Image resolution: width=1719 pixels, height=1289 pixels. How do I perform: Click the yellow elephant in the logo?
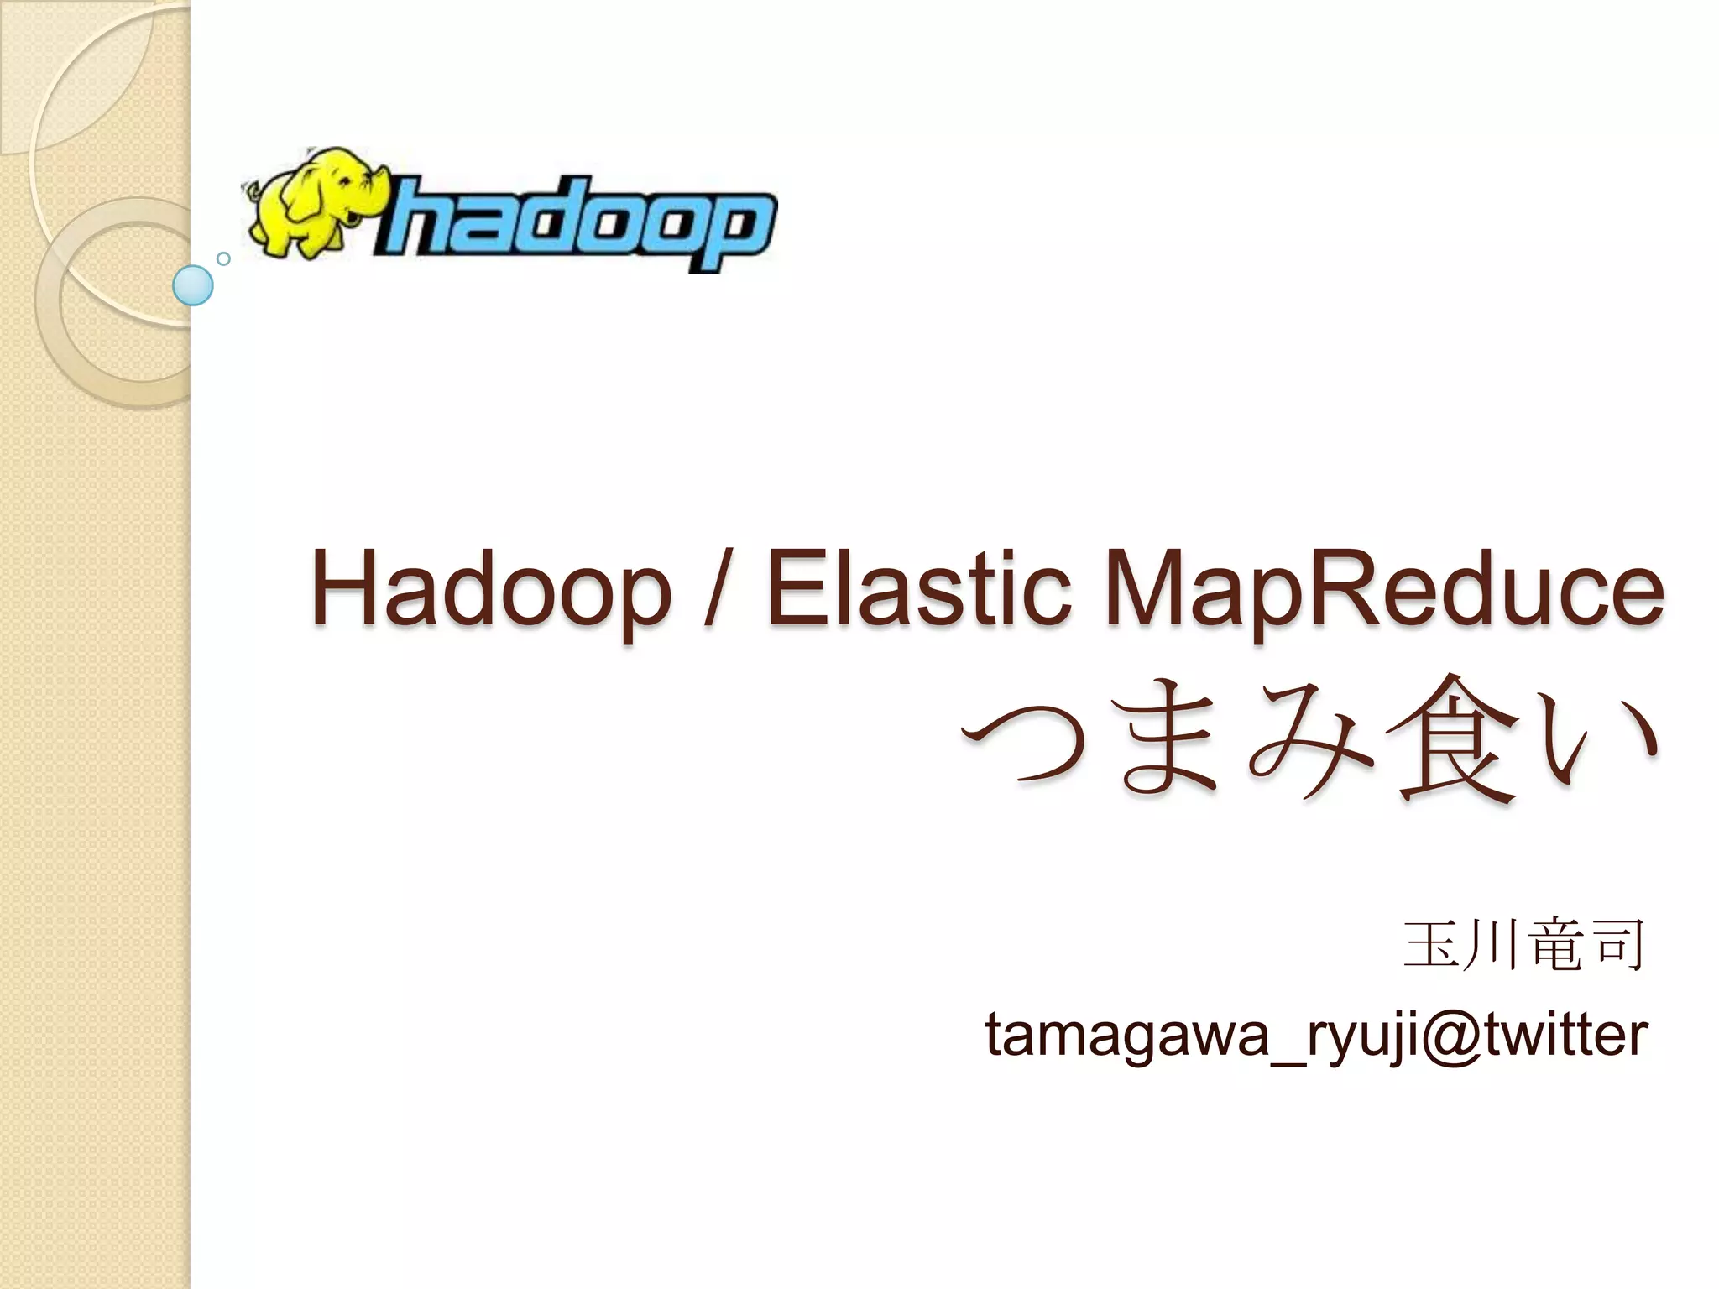click(x=315, y=201)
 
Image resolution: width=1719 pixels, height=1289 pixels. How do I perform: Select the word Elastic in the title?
click(x=919, y=587)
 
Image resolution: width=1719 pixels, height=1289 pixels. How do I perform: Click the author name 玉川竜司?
click(x=1524, y=946)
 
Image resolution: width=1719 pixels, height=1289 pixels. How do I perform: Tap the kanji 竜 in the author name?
click(x=1557, y=946)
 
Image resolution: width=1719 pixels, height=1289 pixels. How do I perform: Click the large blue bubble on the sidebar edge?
click(x=193, y=285)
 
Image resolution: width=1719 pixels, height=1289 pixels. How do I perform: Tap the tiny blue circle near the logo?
click(x=223, y=258)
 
